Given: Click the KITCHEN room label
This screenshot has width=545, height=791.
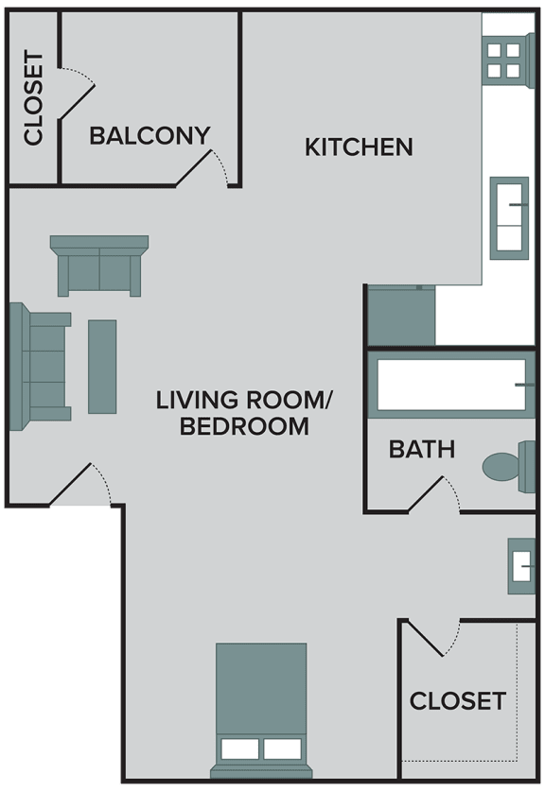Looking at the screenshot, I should [x=359, y=147].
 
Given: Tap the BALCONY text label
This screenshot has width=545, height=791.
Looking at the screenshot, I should [x=149, y=136].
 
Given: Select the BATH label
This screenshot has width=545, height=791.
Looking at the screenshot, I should [x=421, y=450].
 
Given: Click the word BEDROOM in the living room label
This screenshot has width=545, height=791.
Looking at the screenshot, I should [x=244, y=427].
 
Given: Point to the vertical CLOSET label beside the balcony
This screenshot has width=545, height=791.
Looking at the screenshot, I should [x=34, y=98].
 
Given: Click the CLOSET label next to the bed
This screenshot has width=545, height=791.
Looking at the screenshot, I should [x=457, y=701].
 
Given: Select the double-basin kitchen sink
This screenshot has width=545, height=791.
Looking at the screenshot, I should [x=509, y=215].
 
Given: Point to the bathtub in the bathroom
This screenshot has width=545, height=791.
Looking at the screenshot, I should [x=451, y=385].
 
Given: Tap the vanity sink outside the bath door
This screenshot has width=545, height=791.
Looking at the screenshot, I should [x=521, y=565].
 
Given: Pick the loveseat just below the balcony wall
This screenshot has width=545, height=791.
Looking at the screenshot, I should [x=99, y=266].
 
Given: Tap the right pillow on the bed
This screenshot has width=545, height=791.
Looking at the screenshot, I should [x=282, y=749].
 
